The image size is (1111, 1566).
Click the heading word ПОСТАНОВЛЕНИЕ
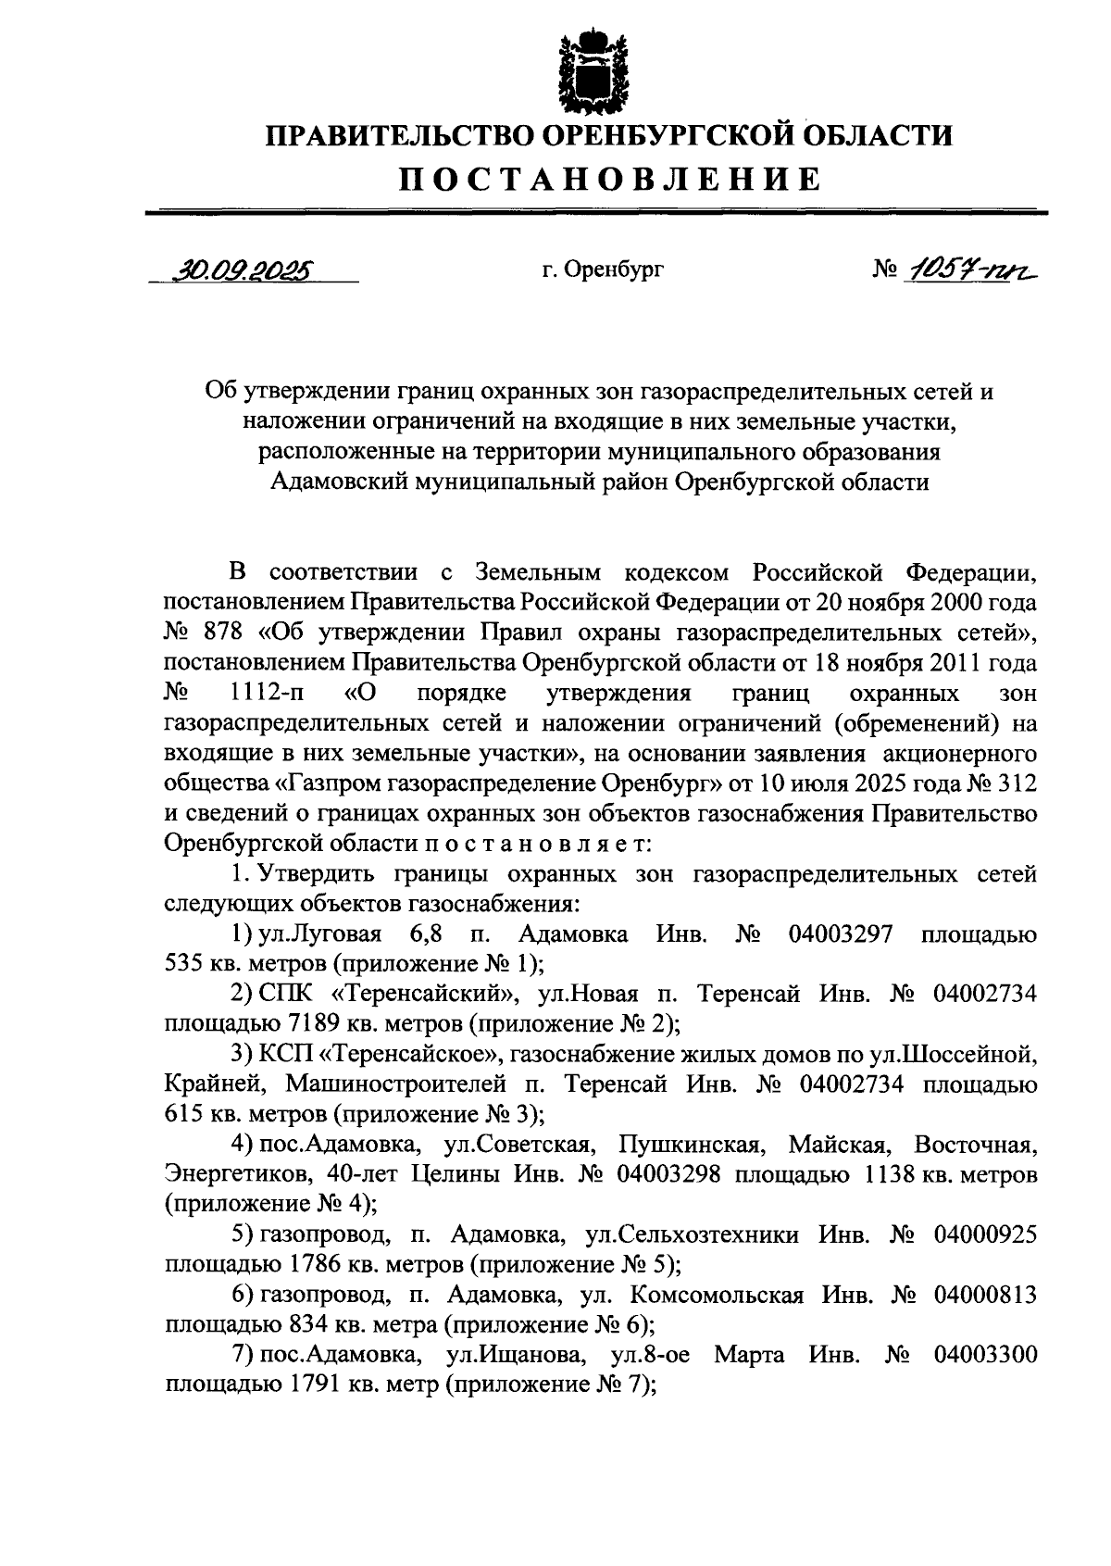610,178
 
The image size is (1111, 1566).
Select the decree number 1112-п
268,694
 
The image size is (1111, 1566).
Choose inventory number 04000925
985,1234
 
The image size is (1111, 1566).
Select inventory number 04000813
985,1295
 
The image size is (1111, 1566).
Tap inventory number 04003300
985,1355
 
